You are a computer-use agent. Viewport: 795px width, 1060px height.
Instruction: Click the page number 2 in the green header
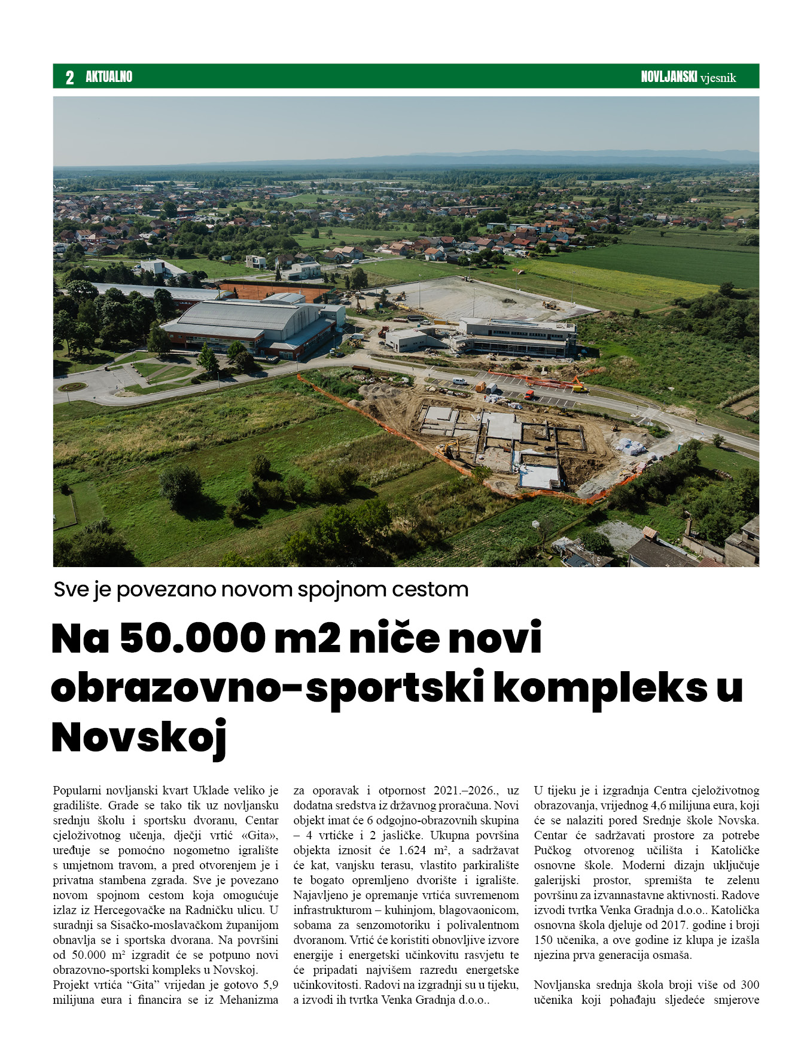(x=70, y=77)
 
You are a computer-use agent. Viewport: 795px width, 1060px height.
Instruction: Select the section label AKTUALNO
(x=109, y=77)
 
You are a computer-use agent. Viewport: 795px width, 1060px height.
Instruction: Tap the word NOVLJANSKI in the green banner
(x=669, y=77)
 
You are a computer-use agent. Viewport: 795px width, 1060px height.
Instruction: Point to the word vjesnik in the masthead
(x=718, y=78)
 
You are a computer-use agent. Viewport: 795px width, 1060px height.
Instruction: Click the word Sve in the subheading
(x=71, y=590)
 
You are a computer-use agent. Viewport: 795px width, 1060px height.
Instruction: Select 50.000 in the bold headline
(x=193, y=638)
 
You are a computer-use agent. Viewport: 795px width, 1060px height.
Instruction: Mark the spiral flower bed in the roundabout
(x=72, y=387)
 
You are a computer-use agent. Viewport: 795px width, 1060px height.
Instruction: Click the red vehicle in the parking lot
(x=529, y=394)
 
